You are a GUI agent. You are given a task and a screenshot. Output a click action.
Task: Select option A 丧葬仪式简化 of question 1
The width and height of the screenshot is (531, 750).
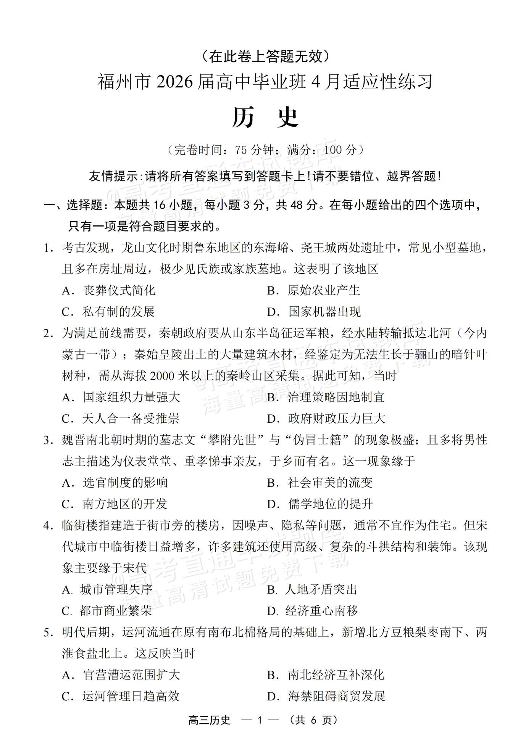point(108,291)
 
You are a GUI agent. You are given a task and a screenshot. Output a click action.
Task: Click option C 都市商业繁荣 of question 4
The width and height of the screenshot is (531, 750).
point(107,611)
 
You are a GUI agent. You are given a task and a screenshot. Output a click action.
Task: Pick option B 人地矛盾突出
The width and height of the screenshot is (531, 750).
point(312,590)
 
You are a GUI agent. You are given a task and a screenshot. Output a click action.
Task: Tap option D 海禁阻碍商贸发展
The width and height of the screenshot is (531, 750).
point(326,697)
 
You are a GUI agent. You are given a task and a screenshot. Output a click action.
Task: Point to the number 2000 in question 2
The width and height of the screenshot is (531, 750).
point(162,376)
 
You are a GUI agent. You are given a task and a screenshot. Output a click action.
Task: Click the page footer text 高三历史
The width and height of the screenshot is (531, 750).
point(210,720)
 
